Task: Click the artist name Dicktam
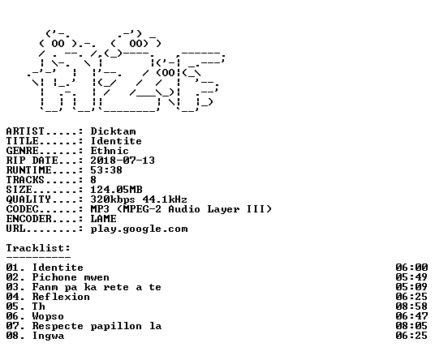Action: coord(113,131)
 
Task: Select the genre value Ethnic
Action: coord(110,151)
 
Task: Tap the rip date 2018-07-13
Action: coord(123,161)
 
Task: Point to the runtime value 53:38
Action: coord(106,170)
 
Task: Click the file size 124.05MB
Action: coord(116,190)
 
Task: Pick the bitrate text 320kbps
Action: coord(113,199)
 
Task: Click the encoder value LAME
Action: coord(104,219)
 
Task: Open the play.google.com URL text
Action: coord(139,229)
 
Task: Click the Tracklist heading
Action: coord(38,248)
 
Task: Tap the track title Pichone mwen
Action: coord(71,277)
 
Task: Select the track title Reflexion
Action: coord(61,297)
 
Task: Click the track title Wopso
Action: coord(48,316)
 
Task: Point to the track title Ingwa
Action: coord(48,336)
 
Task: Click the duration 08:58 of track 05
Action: coord(411,306)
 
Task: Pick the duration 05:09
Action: coord(411,287)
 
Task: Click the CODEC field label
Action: coord(23,209)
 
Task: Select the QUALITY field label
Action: coord(29,199)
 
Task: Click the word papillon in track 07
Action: coord(116,326)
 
